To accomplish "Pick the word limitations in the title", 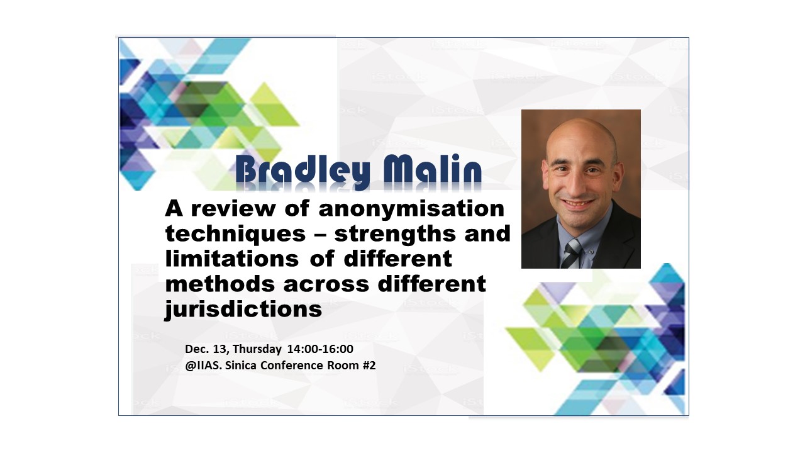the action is pyautogui.click(x=232, y=259).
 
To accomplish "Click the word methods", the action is pyautogui.click(x=220, y=284).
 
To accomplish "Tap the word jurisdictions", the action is pyautogui.click(x=243, y=309).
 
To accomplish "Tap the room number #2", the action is pyautogui.click(x=369, y=366).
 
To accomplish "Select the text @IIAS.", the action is pyautogui.click(x=203, y=366).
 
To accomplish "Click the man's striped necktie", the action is pyautogui.click(x=570, y=254).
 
